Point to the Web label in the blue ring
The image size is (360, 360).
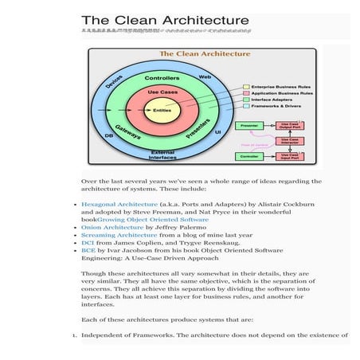click(x=205, y=76)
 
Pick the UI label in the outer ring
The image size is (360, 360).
click(x=217, y=130)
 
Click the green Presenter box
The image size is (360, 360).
click(x=248, y=125)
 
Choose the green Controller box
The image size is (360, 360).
click(x=248, y=155)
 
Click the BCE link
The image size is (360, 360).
click(x=88, y=252)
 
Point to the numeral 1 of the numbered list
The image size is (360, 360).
click(x=73, y=335)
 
